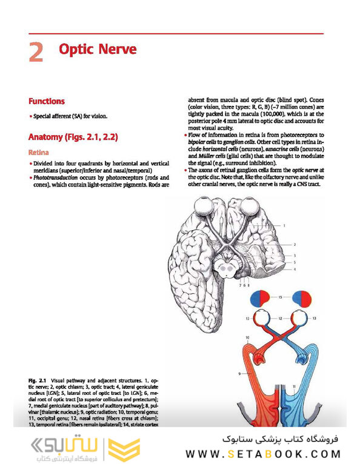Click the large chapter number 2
[x=36, y=52]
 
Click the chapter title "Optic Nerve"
[x=98, y=49]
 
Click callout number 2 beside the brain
[x=295, y=244]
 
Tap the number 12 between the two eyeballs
[x=281, y=317]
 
